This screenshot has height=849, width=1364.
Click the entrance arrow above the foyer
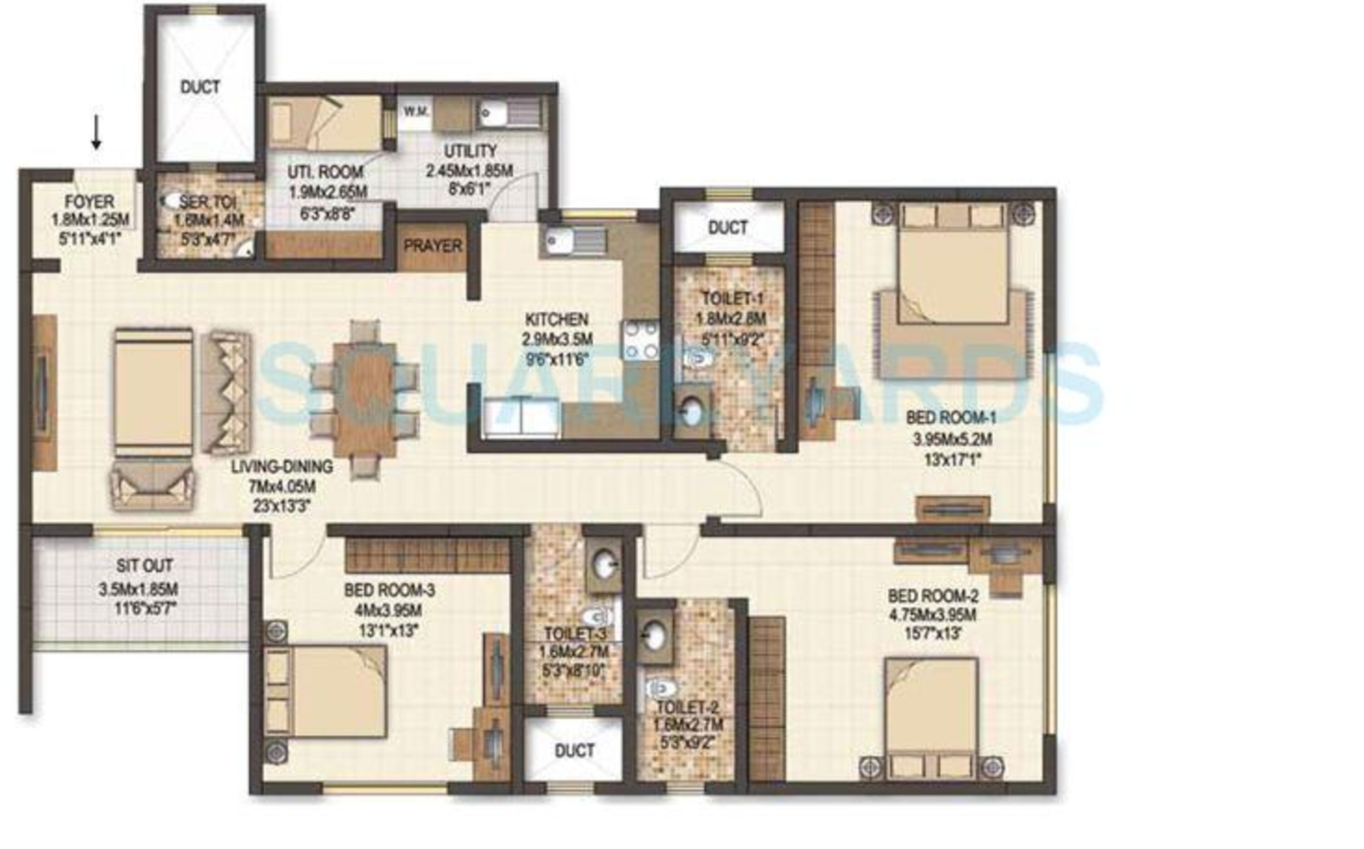(x=96, y=133)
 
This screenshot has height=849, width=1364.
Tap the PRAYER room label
(x=432, y=246)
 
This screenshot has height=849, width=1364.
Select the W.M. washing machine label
(x=416, y=112)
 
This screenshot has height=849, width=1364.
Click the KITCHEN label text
(x=557, y=320)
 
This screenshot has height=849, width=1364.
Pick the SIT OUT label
(x=144, y=565)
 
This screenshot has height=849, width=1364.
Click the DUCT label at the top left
(x=200, y=87)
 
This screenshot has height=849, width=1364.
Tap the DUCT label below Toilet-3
(x=574, y=751)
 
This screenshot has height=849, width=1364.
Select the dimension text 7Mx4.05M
(x=282, y=486)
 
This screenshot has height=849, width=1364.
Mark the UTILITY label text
(x=471, y=151)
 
